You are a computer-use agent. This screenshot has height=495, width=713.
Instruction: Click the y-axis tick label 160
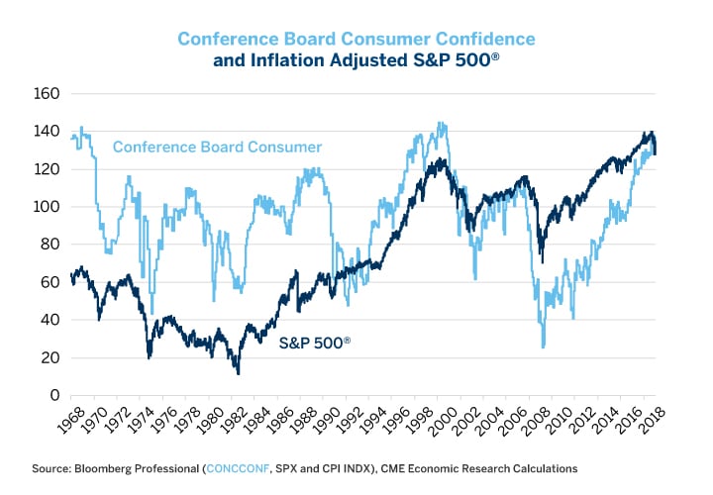tap(48, 94)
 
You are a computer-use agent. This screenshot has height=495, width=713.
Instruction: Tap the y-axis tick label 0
tap(55, 395)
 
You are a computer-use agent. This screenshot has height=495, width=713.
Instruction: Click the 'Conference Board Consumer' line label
tap(217, 148)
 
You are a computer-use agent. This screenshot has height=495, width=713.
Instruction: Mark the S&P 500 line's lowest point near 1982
tap(238, 372)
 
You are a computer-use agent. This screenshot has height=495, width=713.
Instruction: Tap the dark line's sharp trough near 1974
tap(150, 357)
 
